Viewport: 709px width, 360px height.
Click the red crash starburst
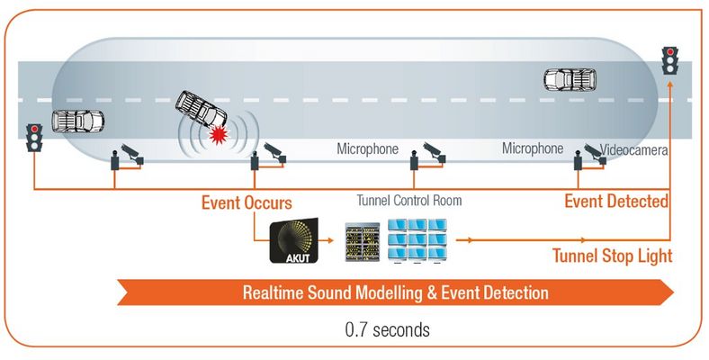[x=216, y=136]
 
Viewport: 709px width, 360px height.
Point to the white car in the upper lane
[x=571, y=79]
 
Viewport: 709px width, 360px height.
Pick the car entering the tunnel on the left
[x=77, y=120]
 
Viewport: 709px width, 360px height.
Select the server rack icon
[x=363, y=241]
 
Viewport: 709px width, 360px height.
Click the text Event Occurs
[x=245, y=202]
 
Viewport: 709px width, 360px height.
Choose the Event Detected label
[x=616, y=202]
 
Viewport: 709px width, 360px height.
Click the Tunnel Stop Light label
[x=612, y=256]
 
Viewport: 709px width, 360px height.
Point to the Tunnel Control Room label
[x=409, y=201]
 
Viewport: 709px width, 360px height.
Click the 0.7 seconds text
[x=387, y=329]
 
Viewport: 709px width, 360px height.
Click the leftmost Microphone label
[x=367, y=148]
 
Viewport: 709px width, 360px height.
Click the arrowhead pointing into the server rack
[x=334, y=241]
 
